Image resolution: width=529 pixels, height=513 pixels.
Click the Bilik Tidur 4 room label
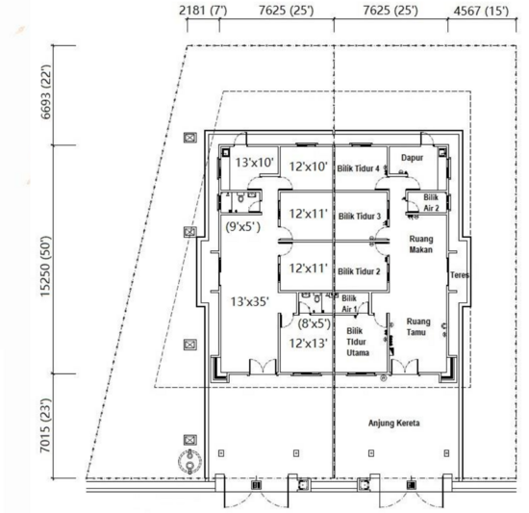(x=361, y=168)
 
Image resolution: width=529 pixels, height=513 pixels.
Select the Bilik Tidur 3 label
(x=361, y=217)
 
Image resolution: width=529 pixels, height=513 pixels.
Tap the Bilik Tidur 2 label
(x=361, y=271)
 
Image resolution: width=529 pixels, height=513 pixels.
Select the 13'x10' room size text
(x=256, y=164)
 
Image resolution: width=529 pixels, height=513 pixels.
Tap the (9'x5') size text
(x=243, y=228)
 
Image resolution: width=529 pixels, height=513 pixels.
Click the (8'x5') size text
(x=308, y=324)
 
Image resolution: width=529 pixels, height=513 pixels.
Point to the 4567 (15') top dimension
(x=484, y=11)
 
